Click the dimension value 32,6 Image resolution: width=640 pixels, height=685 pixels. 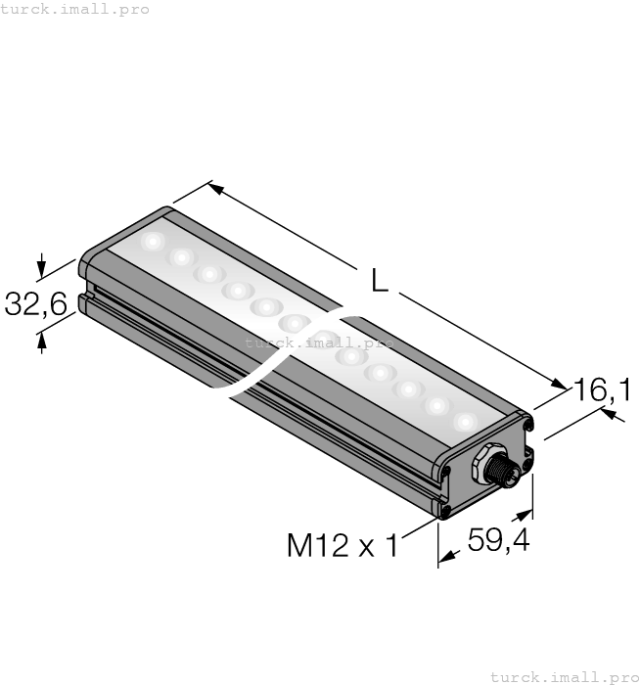pyautogui.click(x=35, y=304)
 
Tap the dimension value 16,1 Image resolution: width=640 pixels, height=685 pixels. pyautogui.click(x=601, y=390)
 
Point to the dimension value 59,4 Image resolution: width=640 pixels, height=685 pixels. pyautogui.click(x=498, y=540)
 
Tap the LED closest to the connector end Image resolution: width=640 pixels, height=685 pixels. pyautogui.click(x=464, y=421)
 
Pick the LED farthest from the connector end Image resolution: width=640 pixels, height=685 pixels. pyautogui.click(x=153, y=241)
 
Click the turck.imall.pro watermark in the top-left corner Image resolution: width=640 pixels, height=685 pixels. pyautogui.click(x=75, y=9)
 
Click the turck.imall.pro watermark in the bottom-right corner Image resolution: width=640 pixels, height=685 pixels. pyautogui.click(x=564, y=676)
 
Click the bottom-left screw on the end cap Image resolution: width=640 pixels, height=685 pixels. pyautogui.click(x=446, y=509)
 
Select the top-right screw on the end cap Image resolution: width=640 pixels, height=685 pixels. pyautogui.click(x=527, y=426)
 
